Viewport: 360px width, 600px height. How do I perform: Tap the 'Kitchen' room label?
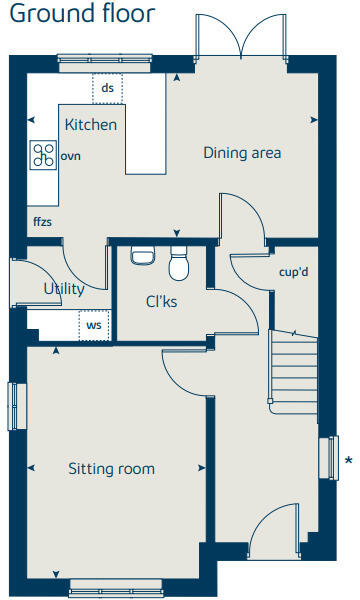(91, 125)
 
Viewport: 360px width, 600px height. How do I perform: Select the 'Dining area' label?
(242, 153)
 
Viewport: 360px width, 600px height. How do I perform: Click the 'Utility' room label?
(64, 289)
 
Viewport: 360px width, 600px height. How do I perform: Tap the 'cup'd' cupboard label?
(292, 271)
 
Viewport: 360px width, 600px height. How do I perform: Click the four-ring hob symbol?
(44, 154)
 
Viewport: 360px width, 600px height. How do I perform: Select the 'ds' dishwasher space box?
(108, 88)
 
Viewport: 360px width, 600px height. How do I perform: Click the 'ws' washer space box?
(94, 325)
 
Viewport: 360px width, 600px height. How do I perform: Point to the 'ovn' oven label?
(70, 156)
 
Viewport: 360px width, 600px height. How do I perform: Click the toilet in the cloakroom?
(180, 265)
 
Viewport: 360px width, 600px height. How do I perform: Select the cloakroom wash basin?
(142, 256)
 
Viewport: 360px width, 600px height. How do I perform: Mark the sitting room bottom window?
(110, 589)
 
